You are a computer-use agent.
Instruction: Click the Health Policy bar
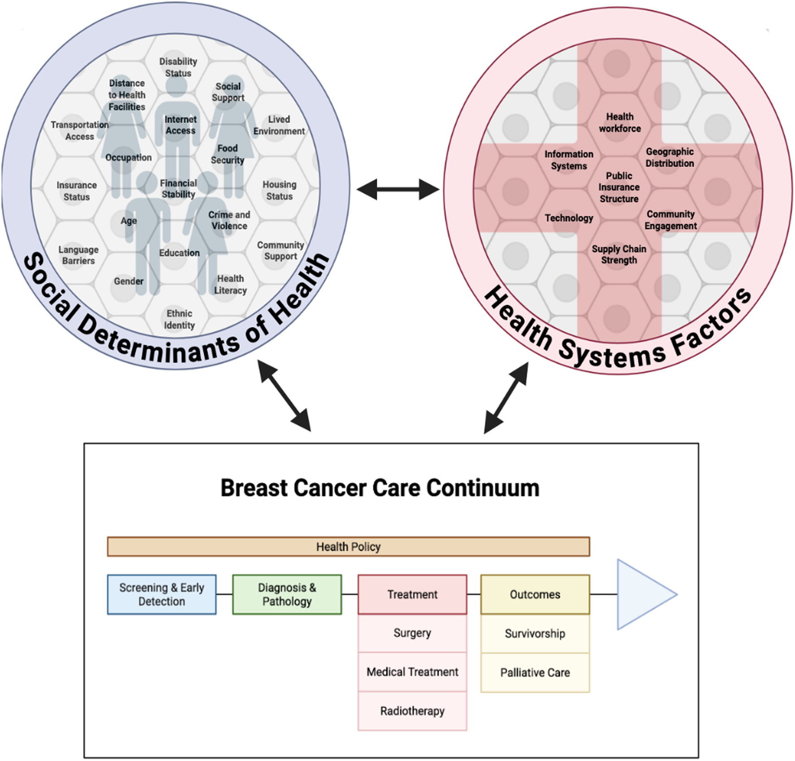tap(348, 547)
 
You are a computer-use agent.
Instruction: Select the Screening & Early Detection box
tap(162, 594)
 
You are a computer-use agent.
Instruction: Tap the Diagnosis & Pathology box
tap(287, 594)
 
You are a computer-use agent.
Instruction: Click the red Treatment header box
tap(412, 594)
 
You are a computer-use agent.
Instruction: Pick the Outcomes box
tap(535, 594)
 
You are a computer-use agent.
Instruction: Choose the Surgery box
tap(412, 633)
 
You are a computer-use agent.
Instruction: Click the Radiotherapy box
tap(412, 711)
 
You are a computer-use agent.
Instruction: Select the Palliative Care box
tap(535, 672)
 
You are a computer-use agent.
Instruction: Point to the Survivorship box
tap(535, 633)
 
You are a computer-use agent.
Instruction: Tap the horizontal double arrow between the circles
tap(397, 189)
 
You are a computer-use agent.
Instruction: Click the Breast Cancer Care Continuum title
tap(380, 488)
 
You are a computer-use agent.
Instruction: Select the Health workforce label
tap(620, 122)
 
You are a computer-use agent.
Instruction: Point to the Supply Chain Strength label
tap(619, 255)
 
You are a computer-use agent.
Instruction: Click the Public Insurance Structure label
tap(619, 187)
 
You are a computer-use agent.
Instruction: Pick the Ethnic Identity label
tap(179, 319)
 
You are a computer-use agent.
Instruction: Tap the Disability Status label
tap(178, 67)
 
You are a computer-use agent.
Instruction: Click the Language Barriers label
tap(79, 255)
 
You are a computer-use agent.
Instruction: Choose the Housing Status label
tap(280, 190)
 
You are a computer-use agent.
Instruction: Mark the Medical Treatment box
tap(412, 672)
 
